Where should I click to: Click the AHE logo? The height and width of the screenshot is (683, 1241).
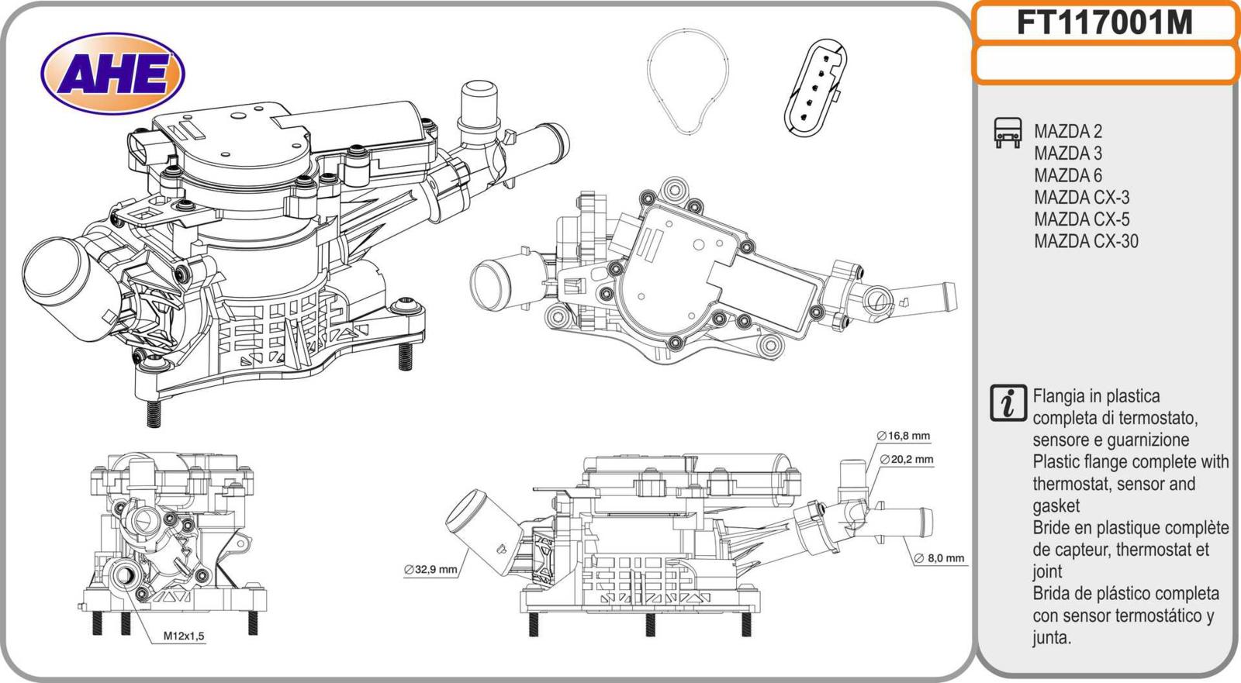click(x=112, y=74)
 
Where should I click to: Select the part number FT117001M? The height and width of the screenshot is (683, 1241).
click(x=1104, y=23)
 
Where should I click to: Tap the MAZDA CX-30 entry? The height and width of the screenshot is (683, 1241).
click(x=1086, y=241)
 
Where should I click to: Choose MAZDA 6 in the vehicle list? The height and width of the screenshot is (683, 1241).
click(x=1067, y=175)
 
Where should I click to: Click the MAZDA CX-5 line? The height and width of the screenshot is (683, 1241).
click(x=1081, y=219)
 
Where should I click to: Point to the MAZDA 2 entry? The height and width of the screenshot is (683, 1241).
click(x=1067, y=132)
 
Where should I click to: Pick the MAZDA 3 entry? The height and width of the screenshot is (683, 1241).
click(x=1067, y=154)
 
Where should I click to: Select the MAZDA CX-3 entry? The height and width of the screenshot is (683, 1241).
click(x=1081, y=198)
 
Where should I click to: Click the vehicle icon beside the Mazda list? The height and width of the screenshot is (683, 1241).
click(x=1008, y=133)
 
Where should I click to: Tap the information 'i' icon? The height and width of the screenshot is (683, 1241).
click(x=1008, y=404)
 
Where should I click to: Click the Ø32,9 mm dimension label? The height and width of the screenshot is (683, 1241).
click(x=430, y=570)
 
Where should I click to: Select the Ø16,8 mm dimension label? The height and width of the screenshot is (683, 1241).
click(x=904, y=436)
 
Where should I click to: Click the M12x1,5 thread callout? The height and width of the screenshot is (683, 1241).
click(x=184, y=636)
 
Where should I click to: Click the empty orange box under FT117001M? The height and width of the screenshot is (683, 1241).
click(x=1104, y=64)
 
